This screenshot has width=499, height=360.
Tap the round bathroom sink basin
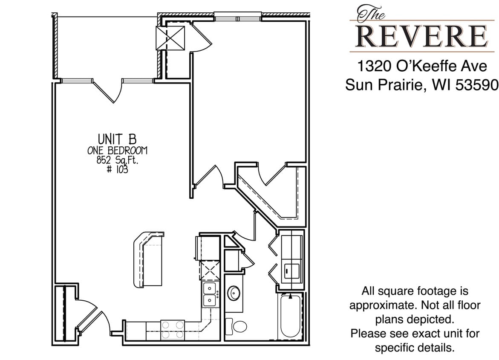[x=234, y=293]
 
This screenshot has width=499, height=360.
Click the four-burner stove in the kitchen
[x=173, y=330]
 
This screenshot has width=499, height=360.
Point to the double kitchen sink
[x=209, y=294]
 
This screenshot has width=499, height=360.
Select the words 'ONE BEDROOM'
[x=117, y=151]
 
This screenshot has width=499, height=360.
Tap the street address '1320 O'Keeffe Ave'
[x=422, y=67]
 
